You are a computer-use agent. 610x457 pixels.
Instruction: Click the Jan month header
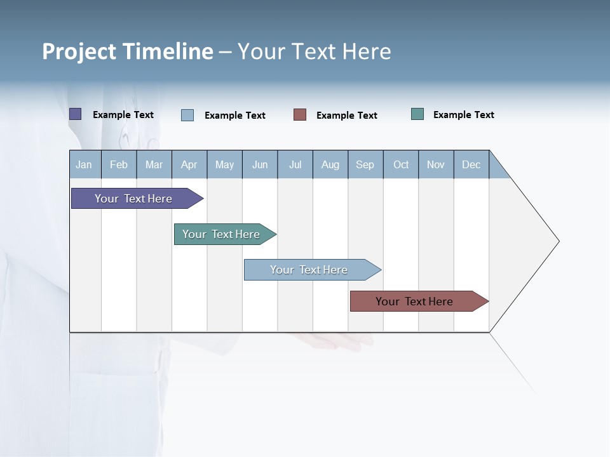point(84,165)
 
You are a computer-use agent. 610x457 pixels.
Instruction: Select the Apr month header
point(189,165)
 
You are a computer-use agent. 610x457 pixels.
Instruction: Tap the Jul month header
point(295,165)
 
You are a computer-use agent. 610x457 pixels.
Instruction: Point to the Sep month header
point(365,165)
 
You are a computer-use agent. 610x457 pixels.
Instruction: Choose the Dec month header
point(471,165)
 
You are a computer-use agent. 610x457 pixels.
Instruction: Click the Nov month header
point(435,165)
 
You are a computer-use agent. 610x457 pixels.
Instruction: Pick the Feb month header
point(119,165)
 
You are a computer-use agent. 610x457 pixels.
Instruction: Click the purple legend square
point(75,114)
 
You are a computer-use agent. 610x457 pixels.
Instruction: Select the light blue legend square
point(187,115)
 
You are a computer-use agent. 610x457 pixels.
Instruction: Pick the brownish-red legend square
point(300,115)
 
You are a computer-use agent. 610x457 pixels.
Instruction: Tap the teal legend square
point(417,114)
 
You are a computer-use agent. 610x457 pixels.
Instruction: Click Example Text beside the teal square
point(463,115)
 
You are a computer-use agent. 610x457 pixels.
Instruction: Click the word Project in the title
point(79,51)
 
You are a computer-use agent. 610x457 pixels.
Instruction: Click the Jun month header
point(259,165)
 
